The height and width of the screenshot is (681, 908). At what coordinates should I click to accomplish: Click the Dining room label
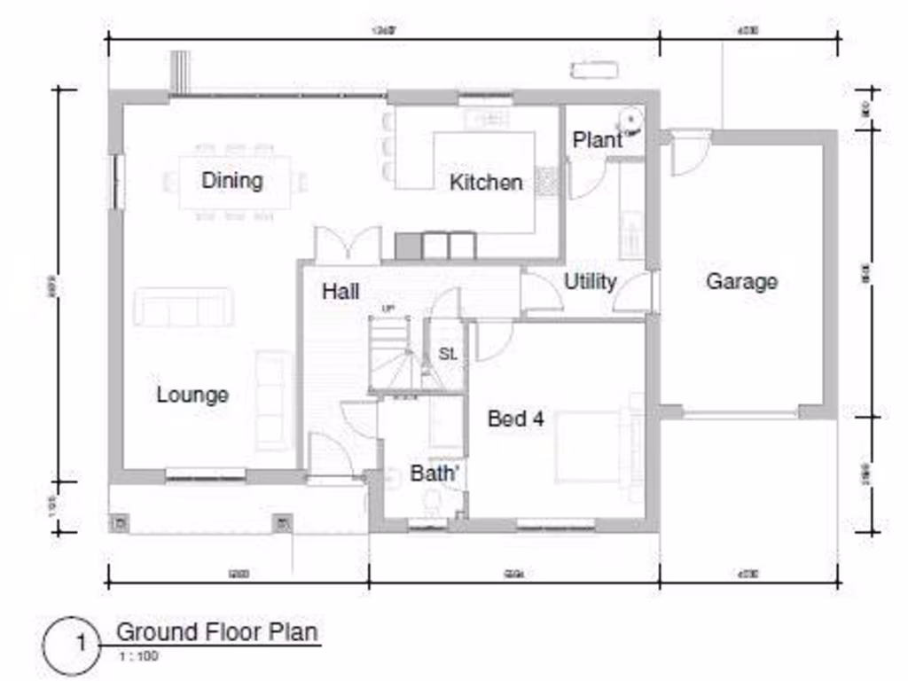231,181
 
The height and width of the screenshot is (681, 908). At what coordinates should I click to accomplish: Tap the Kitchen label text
485,183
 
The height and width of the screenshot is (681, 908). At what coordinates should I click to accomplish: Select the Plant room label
597,140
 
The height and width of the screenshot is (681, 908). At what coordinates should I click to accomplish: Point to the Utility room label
590,282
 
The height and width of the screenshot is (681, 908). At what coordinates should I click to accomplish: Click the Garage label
741,282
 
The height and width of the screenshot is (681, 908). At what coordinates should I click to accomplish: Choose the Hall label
340,291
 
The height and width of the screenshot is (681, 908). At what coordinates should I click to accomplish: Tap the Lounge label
192,395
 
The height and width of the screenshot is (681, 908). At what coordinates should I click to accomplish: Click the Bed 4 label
515,419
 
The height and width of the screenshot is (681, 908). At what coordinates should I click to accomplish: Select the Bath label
434,474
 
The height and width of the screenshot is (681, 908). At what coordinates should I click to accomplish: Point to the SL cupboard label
448,354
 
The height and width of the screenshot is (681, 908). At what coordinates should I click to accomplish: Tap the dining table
235,183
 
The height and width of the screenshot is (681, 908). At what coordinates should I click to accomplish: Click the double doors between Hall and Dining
348,245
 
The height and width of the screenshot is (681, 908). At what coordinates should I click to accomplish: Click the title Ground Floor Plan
217,632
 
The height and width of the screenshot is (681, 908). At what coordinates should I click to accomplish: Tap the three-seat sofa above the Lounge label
184,308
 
